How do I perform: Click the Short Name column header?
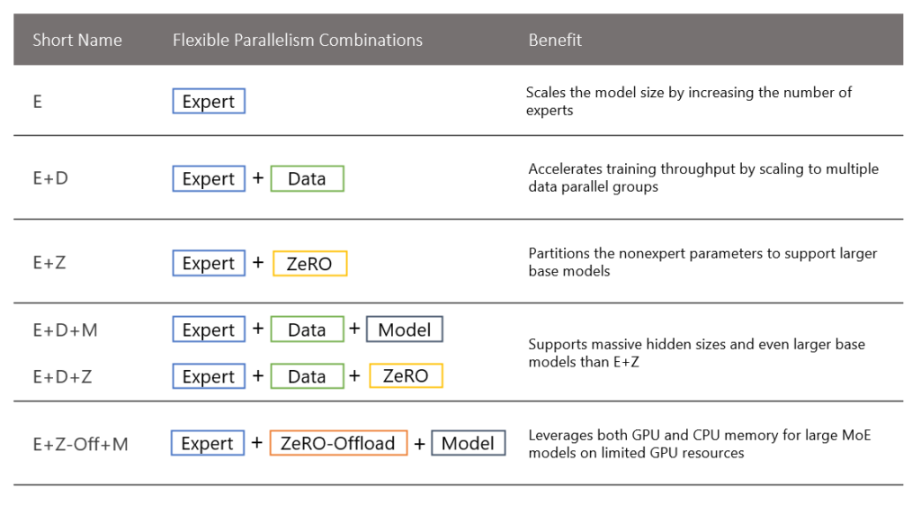click(x=77, y=40)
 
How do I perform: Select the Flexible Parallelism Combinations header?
click(x=297, y=40)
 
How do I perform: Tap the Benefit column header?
click(x=555, y=40)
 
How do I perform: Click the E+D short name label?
click(x=50, y=178)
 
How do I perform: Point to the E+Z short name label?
click(x=49, y=263)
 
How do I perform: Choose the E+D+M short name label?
click(x=65, y=330)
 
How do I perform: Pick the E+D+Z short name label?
click(x=62, y=376)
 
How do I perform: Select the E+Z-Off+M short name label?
click(x=80, y=444)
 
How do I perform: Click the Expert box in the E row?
click(x=209, y=102)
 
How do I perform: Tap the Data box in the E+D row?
click(x=307, y=179)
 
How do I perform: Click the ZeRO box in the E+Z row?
click(x=309, y=264)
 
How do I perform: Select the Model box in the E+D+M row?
click(x=405, y=330)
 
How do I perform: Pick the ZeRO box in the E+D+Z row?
click(x=406, y=375)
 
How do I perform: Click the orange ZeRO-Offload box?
click(x=338, y=443)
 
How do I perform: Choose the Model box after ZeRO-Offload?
click(x=468, y=443)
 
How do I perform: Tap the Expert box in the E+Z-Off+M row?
click(x=208, y=443)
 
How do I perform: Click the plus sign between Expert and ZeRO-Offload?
click(x=257, y=443)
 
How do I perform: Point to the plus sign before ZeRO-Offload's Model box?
click(x=419, y=443)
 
